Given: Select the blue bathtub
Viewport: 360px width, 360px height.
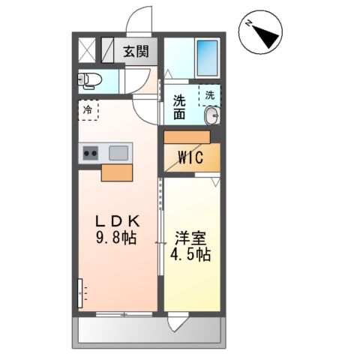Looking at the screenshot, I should [205, 54].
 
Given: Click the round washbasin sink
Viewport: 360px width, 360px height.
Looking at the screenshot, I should [212, 115].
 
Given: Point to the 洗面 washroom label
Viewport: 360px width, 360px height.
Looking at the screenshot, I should [179, 107].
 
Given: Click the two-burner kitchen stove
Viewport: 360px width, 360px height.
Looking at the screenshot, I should [91, 154].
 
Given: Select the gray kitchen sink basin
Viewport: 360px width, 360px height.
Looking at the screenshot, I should [119, 153].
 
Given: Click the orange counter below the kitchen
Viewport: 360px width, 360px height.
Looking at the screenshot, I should [115, 173].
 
